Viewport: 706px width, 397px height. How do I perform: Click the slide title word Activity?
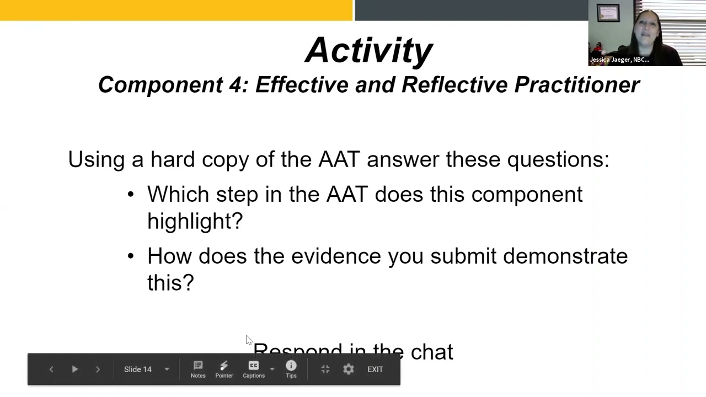tap(369, 51)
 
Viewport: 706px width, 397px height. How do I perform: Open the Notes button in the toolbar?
tap(198, 369)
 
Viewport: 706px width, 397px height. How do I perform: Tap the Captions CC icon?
tap(254, 366)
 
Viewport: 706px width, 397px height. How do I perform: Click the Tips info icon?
tap(291, 366)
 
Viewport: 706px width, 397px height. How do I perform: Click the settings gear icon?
tap(349, 369)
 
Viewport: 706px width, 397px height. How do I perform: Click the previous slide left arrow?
tap(51, 369)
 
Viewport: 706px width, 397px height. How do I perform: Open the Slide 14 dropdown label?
tap(138, 369)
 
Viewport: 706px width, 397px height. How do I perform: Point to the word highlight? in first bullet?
tap(195, 221)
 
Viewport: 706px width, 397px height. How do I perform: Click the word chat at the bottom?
tap(432, 352)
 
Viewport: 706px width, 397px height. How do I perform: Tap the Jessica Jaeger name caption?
tap(619, 60)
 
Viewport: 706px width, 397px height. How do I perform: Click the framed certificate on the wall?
tap(608, 13)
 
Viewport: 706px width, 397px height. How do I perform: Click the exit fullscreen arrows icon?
tap(325, 369)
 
